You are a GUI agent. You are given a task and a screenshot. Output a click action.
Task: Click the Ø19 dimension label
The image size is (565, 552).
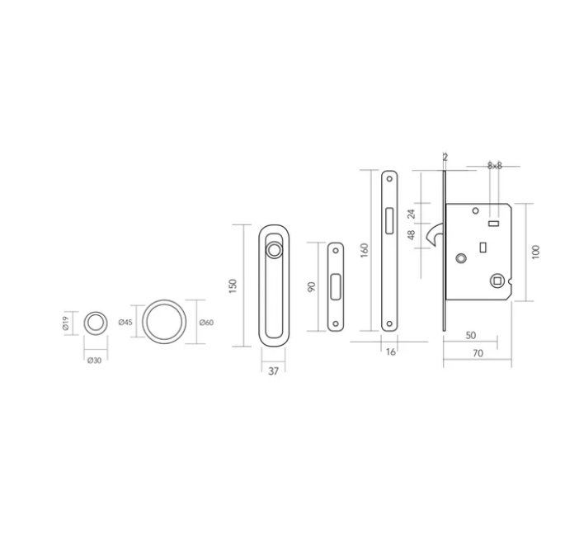pyautogui.click(x=65, y=323)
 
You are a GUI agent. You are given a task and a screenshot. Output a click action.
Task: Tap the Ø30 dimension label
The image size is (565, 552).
pyautogui.click(x=94, y=361)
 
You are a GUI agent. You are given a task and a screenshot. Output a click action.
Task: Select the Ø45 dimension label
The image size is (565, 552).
pyautogui.click(x=125, y=322)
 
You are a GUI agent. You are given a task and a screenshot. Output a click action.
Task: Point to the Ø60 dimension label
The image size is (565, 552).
pyautogui.click(x=206, y=323)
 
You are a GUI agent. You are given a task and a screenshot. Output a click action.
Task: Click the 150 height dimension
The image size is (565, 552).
pyautogui.click(x=233, y=285)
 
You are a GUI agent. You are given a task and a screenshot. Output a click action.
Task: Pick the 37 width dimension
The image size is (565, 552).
pyautogui.click(x=274, y=371)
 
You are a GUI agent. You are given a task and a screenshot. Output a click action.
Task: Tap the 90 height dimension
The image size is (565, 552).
pyautogui.click(x=312, y=287)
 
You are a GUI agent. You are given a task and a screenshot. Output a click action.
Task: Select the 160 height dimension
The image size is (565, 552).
pyautogui.click(x=365, y=250)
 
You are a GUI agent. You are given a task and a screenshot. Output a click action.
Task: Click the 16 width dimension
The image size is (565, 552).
pyautogui.click(x=391, y=351)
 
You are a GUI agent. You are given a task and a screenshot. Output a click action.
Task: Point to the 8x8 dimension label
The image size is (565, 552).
pyautogui.click(x=495, y=166)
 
